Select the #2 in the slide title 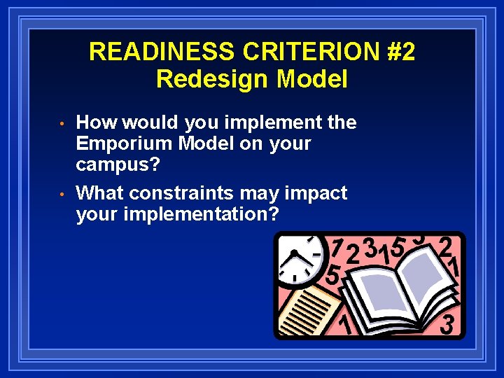click(400, 52)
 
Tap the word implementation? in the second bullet click(201, 214)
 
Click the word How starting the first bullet click(97, 122)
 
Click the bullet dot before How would click(63, 124)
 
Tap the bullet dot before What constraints click(63, 194)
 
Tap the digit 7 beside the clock click(337, 249)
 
